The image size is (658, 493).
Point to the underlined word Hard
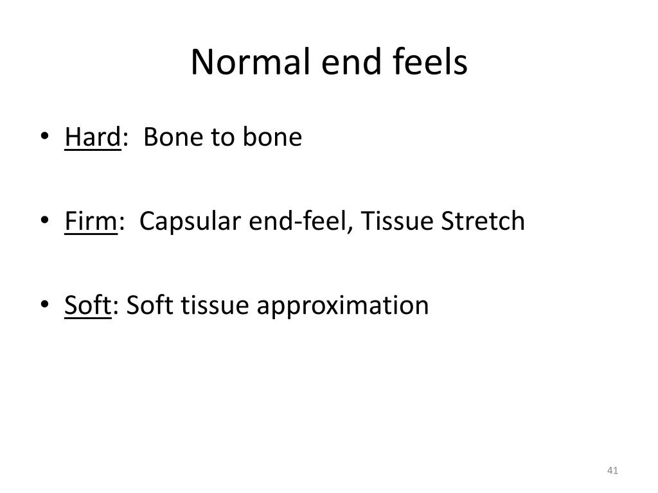93,138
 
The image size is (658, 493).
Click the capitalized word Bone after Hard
168,138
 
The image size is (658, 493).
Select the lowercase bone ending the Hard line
272,138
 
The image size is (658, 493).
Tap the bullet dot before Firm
44,221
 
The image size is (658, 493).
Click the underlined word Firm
90,221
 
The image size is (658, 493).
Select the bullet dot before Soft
44,305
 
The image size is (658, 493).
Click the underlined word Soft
87,305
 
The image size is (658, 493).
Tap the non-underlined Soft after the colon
149,305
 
